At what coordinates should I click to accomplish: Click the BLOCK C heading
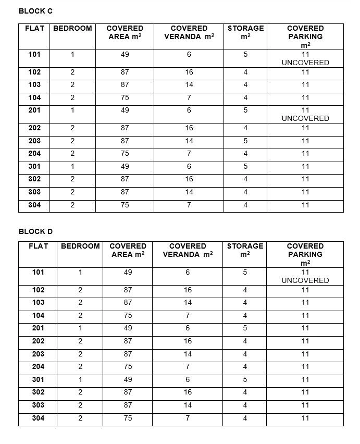35,11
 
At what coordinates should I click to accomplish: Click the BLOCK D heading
35,231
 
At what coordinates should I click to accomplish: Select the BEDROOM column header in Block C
72,28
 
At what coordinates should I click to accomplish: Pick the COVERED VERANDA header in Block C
189,32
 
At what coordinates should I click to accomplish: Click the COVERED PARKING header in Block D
305,254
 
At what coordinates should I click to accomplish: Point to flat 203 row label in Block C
35,141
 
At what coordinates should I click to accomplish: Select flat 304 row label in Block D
38,418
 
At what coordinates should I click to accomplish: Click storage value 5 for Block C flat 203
245,141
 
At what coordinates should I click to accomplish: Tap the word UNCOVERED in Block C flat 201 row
305,118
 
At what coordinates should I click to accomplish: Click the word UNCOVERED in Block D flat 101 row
305,280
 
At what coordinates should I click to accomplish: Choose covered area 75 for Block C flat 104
125,97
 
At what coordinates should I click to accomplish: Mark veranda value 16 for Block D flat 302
188,392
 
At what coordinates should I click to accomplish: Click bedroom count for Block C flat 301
72,166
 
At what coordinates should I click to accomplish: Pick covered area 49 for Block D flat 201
128,328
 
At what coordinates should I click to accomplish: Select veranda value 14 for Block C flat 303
189,192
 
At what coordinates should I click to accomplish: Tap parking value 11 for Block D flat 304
305,418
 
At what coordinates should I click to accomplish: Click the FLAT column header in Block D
39,246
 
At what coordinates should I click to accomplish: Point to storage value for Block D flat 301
245,379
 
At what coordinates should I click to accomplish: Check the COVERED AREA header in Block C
125,32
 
